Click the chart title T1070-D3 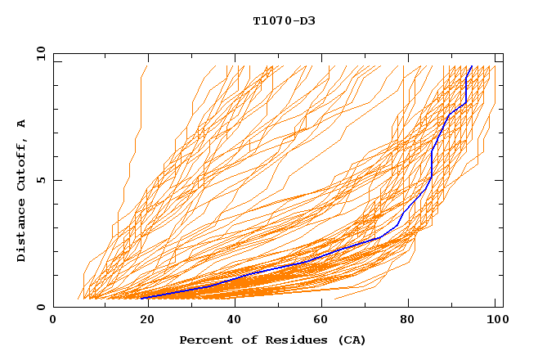284,20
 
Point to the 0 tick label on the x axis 53,320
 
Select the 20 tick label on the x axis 142,320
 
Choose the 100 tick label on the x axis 495,320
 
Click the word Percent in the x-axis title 204,340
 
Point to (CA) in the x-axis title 352,340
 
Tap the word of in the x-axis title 241,340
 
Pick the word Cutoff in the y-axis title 22,162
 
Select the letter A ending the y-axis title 22,123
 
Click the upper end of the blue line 472,66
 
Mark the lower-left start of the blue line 141,298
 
